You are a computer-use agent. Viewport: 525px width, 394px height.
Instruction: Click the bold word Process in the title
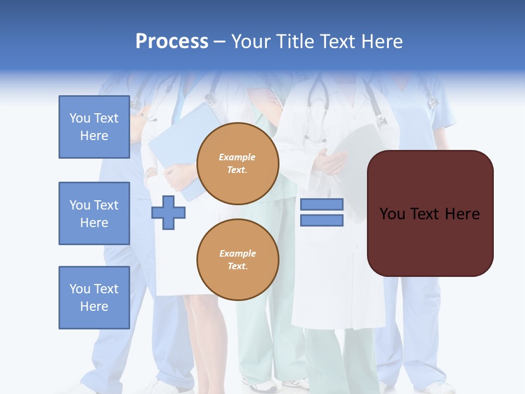point(172,42)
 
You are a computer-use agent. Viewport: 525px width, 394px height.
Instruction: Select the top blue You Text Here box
point(94,127)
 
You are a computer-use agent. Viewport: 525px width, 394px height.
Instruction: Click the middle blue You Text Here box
point(94,213)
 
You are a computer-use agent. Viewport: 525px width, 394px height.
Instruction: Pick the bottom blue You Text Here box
point(94,297)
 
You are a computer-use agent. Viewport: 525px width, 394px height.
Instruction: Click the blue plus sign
point(168,212)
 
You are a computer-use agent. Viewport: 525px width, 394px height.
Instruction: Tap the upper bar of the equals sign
point(322,204)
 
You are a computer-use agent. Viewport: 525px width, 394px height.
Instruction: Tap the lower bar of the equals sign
point(322,221)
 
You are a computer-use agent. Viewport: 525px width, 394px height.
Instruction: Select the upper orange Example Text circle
point(237,164)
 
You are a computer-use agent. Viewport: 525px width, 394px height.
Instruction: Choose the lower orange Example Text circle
point(237,259)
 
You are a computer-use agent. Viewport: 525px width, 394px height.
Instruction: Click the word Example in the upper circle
point(237,157)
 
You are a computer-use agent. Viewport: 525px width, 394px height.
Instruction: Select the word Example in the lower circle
point(237,253)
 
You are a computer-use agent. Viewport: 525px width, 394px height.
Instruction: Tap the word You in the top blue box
point(80,118)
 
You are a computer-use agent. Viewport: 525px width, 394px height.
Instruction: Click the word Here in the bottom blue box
point(94,306)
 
